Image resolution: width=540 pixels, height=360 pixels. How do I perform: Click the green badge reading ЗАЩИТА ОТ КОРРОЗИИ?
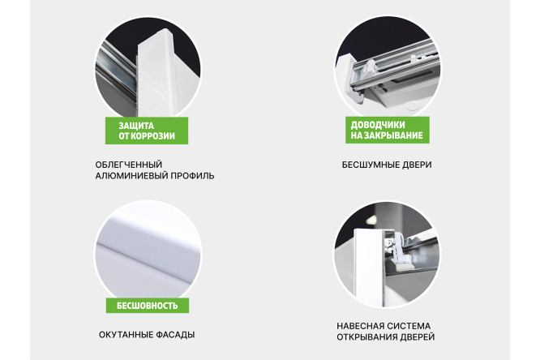coord(146,131)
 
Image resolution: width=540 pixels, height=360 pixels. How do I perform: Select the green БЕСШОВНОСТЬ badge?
coord(147,306)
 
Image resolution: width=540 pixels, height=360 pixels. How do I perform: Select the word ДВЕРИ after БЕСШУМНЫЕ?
coord(418,165)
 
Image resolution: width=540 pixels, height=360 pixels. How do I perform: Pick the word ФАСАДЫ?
coord(175,334)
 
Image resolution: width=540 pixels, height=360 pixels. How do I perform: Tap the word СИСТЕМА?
coord(412,325)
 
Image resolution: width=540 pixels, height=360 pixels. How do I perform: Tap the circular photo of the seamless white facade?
coord(146,247)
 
